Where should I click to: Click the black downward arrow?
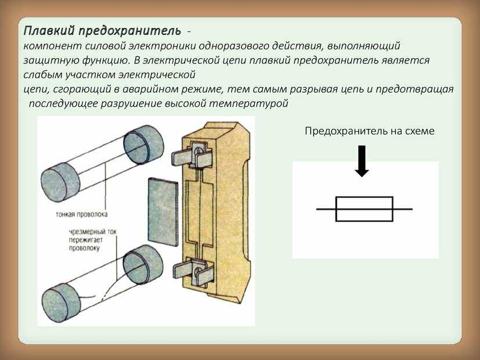click(362, 161)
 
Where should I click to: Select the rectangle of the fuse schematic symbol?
click(364, 208)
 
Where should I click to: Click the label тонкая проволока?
click(82, 214)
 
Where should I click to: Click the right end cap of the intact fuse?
click(140, 145)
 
